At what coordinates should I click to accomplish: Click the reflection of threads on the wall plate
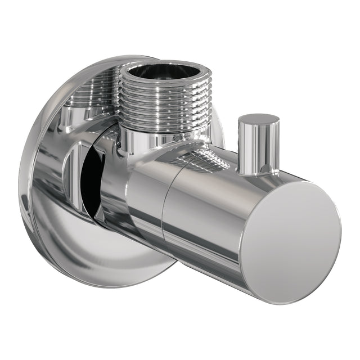pos(90,93)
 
